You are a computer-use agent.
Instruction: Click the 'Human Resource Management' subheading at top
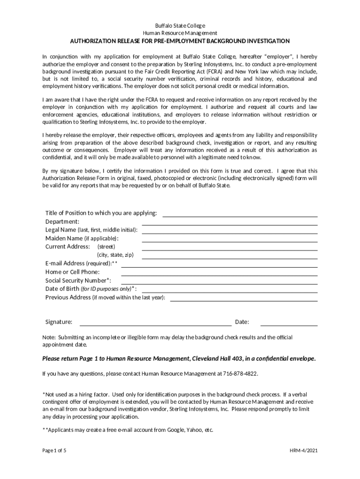pos(180,33)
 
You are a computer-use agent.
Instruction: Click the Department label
pos(62,221)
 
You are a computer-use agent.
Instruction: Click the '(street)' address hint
pos(106,247)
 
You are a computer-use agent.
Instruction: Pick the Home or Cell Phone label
pos(72,272)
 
